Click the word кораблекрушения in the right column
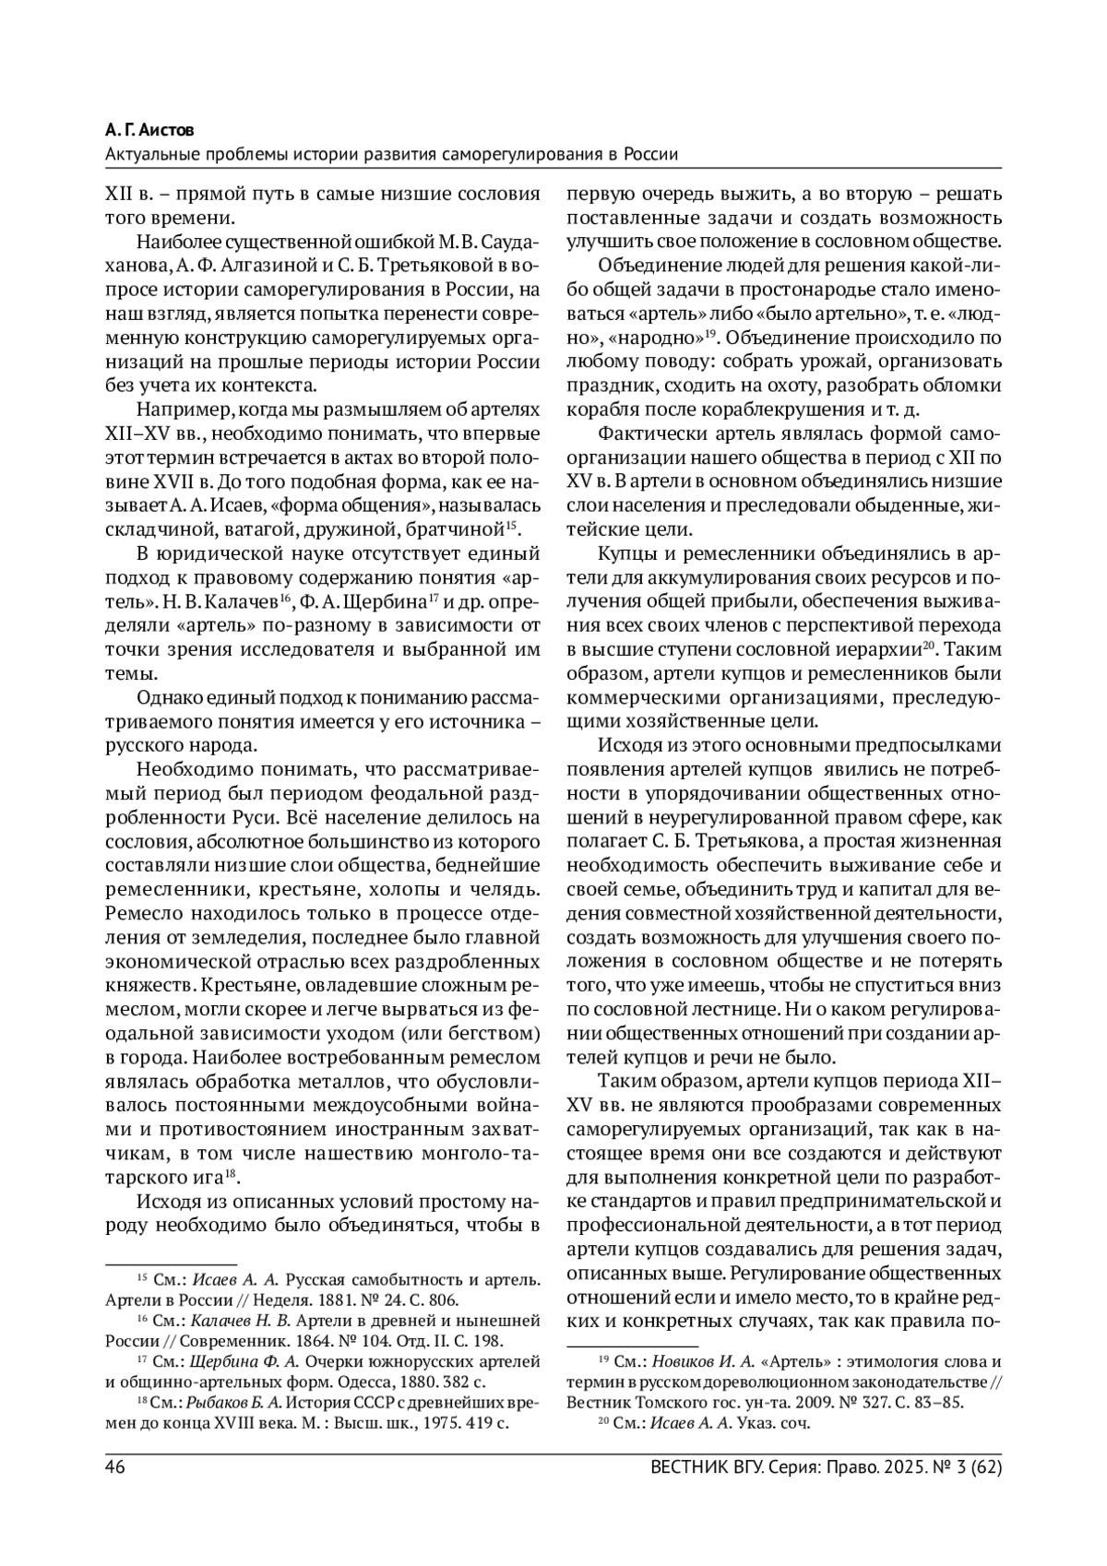pyautogui.click(x=769, y=410)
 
